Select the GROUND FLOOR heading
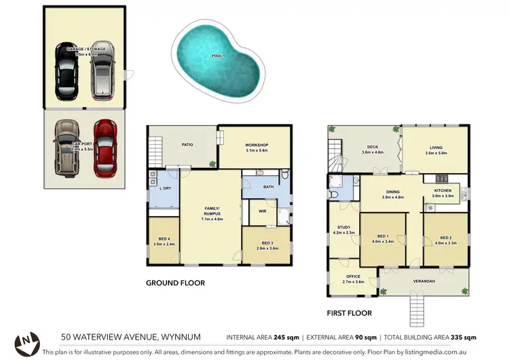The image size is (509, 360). tap(175, 283)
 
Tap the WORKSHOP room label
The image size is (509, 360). tap(257, 145)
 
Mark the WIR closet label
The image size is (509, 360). tap(261, 211)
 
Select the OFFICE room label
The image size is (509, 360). tap(352, 276)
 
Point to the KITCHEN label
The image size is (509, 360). tap(442, 191)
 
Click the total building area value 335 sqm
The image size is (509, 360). tap(464, 338)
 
